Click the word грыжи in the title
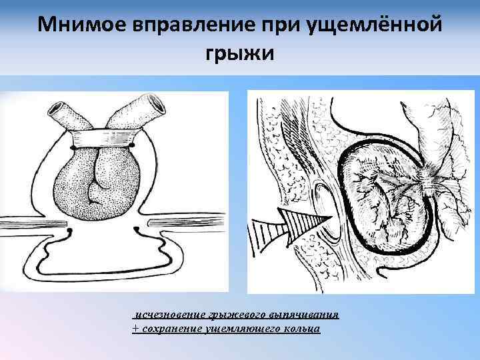coord(239,53)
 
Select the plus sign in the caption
coord(137,329)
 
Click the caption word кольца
coord(303,329)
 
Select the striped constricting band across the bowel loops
coord(103,138)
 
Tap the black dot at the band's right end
coord(133,144)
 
